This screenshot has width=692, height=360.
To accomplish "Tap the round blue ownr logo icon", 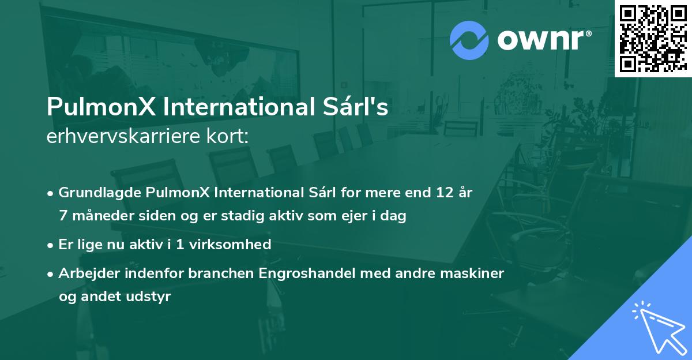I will pyautogui.click(x=469, y=40).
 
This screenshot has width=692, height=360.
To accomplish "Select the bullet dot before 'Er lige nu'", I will pyautogui.click(x=52, y=245).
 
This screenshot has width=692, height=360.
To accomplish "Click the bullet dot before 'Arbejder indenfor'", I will pyautogui.click(x=52, y=273).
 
